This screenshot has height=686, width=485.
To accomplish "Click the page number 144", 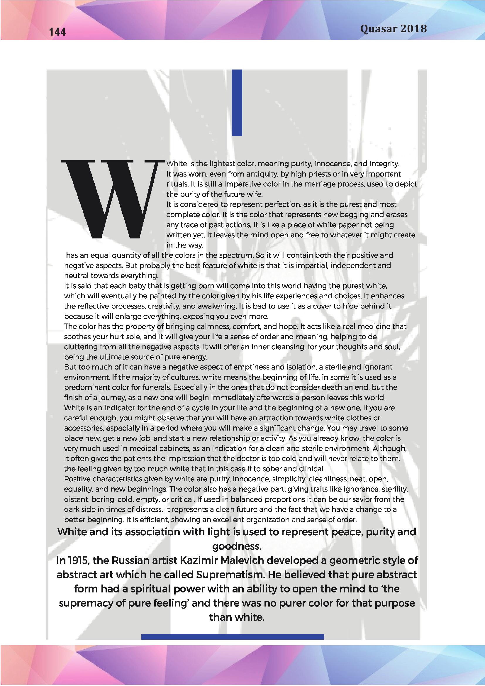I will (x=57, y=32).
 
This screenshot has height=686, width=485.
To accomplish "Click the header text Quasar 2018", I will (x=393, y=29).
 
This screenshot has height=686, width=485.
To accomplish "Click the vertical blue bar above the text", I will (x=237, y=103).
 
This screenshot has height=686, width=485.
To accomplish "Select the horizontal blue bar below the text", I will (x=232, y=637).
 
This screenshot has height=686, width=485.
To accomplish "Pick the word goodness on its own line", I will (x=237, y=546).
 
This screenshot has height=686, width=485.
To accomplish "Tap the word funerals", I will (x=156, y=387).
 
